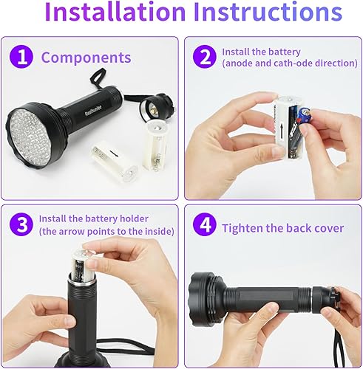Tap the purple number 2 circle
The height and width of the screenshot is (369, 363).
(x=202, y=57)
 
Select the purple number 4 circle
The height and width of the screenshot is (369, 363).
(x=202, y=228)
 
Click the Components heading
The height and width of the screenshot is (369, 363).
(x=86, y=58)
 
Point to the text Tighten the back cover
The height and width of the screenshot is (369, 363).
(x=282, y=228)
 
